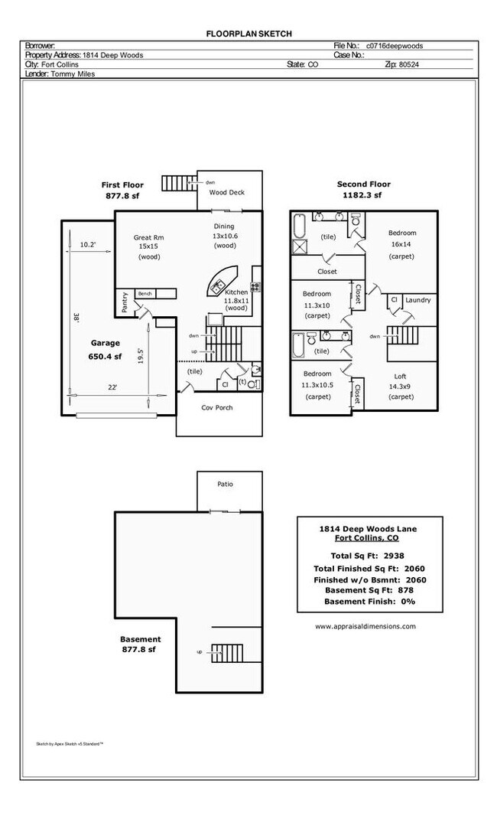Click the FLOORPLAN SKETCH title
coord(248,34)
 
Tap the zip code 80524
coord(408,65)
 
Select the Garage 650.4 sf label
coord(106,349)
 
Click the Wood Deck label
coord(227,192)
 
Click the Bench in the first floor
coord(145,293)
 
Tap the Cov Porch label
coord(217,407)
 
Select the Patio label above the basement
coord(225,484)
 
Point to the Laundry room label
coord(418,300)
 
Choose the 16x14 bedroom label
coord(402,244)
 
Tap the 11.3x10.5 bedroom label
coord(317,385)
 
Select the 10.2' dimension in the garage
coord(89,245)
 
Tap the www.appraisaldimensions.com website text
coord(365,625)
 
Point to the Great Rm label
coord(148,237)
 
